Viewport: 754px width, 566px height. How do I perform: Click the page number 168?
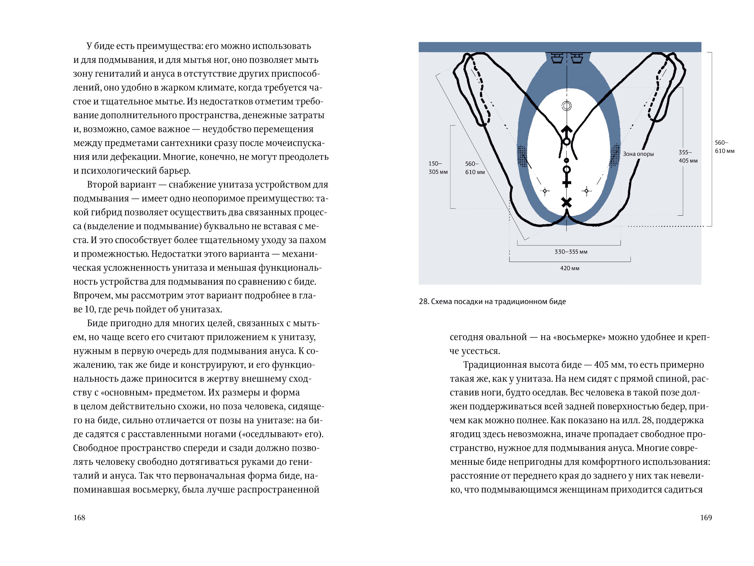coord(79,518)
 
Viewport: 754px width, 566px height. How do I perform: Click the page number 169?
coord(706,518)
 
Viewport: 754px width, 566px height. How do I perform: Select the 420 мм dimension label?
coord(570,268)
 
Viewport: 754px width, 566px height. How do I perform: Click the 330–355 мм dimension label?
coord(571,252)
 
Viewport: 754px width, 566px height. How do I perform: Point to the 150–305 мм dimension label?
coord(438,168)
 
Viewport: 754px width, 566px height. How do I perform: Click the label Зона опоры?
coord(638,154)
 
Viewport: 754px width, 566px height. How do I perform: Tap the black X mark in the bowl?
coord(566,203)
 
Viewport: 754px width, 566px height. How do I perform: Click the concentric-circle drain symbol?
coord(566,106)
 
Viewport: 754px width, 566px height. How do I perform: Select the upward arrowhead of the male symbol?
coord(566,130)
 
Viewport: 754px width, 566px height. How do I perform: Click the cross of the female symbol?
coord(566,183)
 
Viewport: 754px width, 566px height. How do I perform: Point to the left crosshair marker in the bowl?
coord(545,191)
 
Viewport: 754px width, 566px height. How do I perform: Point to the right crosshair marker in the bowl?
coord(586,191)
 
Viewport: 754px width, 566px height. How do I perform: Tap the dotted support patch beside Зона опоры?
coord(615,156)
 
